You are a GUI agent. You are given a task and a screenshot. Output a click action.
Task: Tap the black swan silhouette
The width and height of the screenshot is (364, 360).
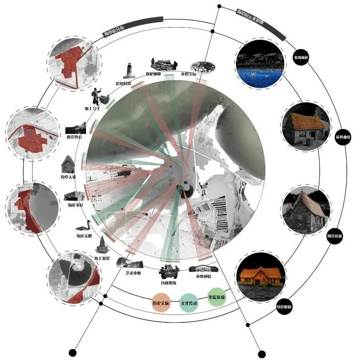[84, 226]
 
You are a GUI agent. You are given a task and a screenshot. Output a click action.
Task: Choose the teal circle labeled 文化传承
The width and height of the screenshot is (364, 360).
[189, 302]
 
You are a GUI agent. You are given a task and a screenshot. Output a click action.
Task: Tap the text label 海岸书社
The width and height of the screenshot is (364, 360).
[76, 205]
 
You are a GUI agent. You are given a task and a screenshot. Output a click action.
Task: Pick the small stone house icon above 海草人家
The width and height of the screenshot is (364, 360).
[68, 163]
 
